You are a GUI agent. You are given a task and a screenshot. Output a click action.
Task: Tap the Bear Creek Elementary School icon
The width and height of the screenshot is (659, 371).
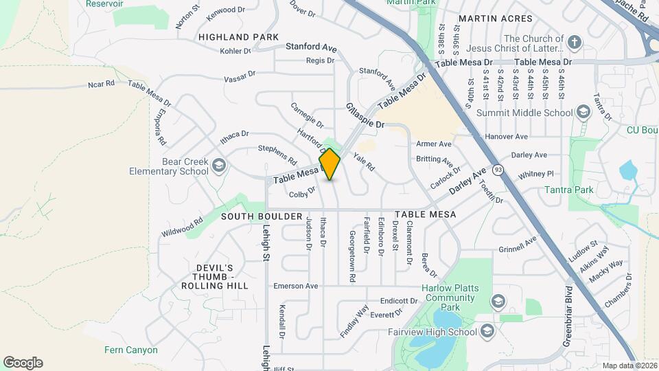pyautogui.click(x=218, y=165)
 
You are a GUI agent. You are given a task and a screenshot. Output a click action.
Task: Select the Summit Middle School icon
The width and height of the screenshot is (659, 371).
pyautogui.click(x=583, y=113)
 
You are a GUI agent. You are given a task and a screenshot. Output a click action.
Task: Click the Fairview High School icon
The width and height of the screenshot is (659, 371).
pyautogui.click(x=487, y=332)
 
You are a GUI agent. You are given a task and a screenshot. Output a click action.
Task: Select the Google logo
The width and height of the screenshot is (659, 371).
pyautogui.click(x=23, y=363)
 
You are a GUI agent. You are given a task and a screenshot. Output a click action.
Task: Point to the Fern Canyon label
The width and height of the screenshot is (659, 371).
pyautogui.click(x=131, y=350)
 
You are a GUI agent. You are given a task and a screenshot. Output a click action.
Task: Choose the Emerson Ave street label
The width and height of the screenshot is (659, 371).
pyautogui.click(x=296, y=286)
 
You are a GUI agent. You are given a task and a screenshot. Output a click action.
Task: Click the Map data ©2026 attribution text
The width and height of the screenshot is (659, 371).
pyautogui.click(x=629, y=366)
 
